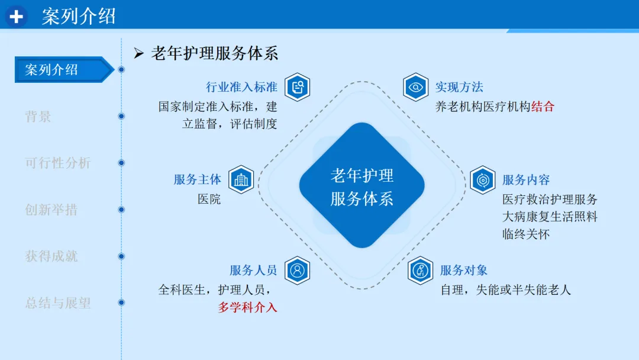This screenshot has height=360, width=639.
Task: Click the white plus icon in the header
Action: (16, 17)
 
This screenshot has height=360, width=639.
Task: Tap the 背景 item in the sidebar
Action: (38, 117)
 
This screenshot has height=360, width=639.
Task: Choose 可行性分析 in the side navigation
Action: (57, 163)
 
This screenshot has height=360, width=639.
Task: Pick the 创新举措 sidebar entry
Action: (51, 210)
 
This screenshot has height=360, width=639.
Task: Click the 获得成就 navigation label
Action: (51, 256)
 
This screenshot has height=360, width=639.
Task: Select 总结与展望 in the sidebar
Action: (57, 303)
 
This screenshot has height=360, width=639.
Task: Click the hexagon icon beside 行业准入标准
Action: (297, 88)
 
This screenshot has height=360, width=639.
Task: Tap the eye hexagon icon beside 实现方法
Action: (415, 88)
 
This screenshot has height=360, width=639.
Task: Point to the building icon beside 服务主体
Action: (241, 180)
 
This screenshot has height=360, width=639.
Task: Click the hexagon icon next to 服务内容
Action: (483, 180)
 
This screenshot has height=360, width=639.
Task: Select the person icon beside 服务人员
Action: (297, 271)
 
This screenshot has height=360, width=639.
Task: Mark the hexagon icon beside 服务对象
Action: (421, 271)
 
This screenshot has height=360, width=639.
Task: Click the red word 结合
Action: (543, 107)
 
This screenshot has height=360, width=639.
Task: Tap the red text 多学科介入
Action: (247, 308)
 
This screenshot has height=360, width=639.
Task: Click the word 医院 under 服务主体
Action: (209, 200)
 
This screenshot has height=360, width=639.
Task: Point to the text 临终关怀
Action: (526, 234)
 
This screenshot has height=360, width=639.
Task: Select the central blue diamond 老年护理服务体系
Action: (362, 185)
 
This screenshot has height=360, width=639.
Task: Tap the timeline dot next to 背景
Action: (121, 116)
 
